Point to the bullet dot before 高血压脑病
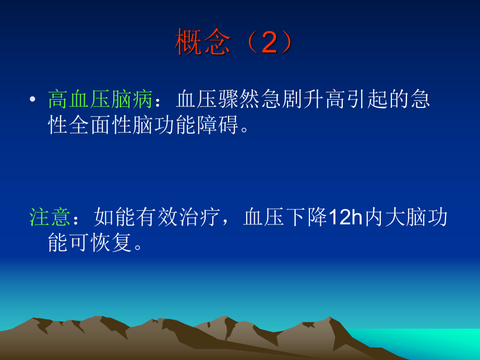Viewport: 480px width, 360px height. [x=33, y=99]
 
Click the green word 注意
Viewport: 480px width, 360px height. [x=50, y=217]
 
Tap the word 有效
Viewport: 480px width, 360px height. [x=158, y=217]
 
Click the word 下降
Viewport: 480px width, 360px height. [x=307, y=217]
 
